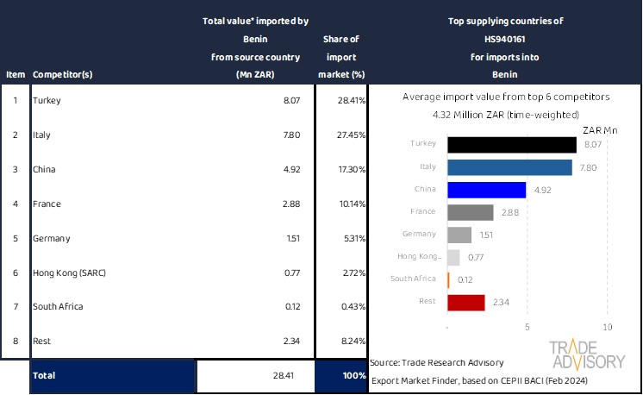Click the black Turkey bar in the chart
[x=512, y=144]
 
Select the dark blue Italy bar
[x=510, y=166]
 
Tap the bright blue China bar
[x=487, y=189]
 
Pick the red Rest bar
[x=466, y=302]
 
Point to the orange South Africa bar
[x=449, y=279]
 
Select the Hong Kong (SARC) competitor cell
[x=68, y=273]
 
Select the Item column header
[x=15, y=74]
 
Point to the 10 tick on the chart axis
[x=607, y=328]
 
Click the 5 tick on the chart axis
[x=528, y=328]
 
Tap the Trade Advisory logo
[x=588, y=354]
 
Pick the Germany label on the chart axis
[x=419, y=234]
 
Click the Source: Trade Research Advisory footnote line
[x=436, y=361]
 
